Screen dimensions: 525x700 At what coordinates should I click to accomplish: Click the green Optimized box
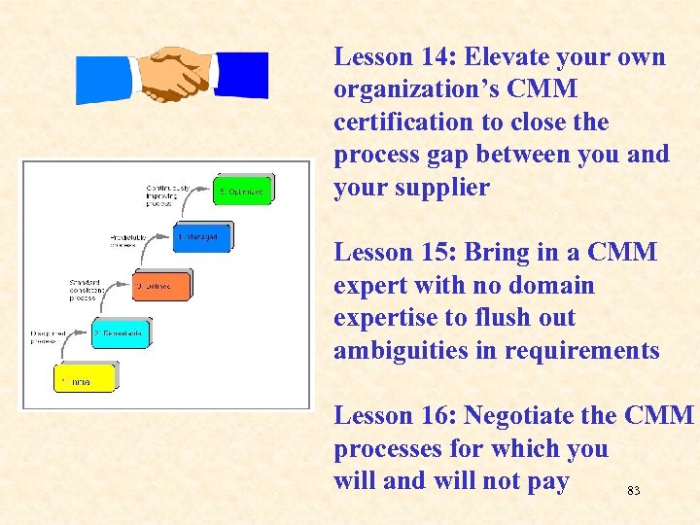(243, 191)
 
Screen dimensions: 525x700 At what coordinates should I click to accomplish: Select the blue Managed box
(202, 236)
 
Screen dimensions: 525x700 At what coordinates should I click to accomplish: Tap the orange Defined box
(161, 286)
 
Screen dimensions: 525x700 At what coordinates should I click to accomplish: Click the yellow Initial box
(85, 378)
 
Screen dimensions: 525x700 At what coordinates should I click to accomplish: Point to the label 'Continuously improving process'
(168, 195)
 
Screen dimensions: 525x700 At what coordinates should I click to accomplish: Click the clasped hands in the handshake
(174, 72)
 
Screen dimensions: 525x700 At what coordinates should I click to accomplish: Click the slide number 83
(633, 491)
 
